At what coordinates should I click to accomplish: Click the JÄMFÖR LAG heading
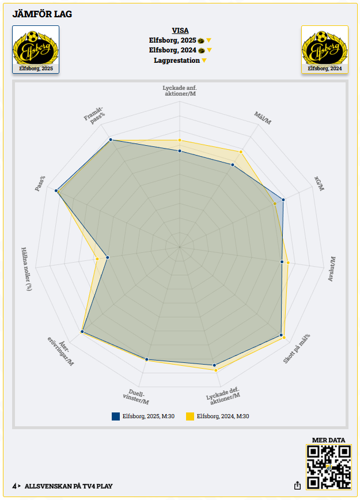[x=42, y=14]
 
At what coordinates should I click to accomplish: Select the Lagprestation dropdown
[x=180, y=60]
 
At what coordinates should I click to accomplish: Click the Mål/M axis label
[x=263, y=118]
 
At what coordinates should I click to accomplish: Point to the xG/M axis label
[x=319, y=183]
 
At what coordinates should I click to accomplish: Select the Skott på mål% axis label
[x=297, y=349]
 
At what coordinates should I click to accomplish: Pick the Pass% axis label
[x=40, y=183]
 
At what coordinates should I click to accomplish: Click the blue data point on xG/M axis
[x=283, y=200]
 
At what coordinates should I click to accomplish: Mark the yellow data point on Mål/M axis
[x=241, y=151]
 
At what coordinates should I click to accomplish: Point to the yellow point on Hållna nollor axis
[x=97, y=260]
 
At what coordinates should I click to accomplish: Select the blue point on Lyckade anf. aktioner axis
[x=180, y=151]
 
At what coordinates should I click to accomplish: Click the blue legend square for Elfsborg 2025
[x=116, y=416]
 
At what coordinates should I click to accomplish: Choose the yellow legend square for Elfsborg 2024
[x=190, y=416]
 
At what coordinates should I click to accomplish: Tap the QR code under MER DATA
[x=329, y=467]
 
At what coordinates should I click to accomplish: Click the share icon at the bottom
[x=297, y=486]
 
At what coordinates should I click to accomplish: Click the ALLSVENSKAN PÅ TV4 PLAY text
[x=69, y=486]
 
